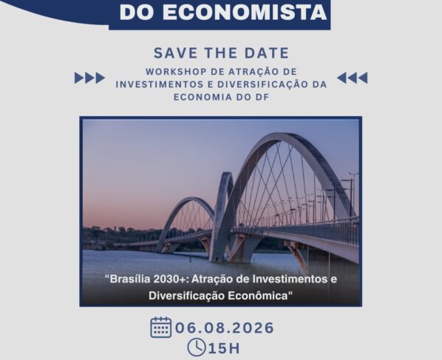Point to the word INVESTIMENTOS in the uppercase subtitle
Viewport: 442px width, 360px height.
point(159,84)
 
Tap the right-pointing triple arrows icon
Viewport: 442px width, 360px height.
point(89,78)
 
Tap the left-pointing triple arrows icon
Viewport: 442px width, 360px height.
point(352,78)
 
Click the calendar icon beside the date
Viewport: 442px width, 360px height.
point(161,327)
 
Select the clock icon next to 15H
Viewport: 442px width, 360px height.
point(197,347)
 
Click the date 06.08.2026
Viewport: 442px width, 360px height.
point(225,327)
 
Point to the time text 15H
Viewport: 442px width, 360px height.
point(224,348)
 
